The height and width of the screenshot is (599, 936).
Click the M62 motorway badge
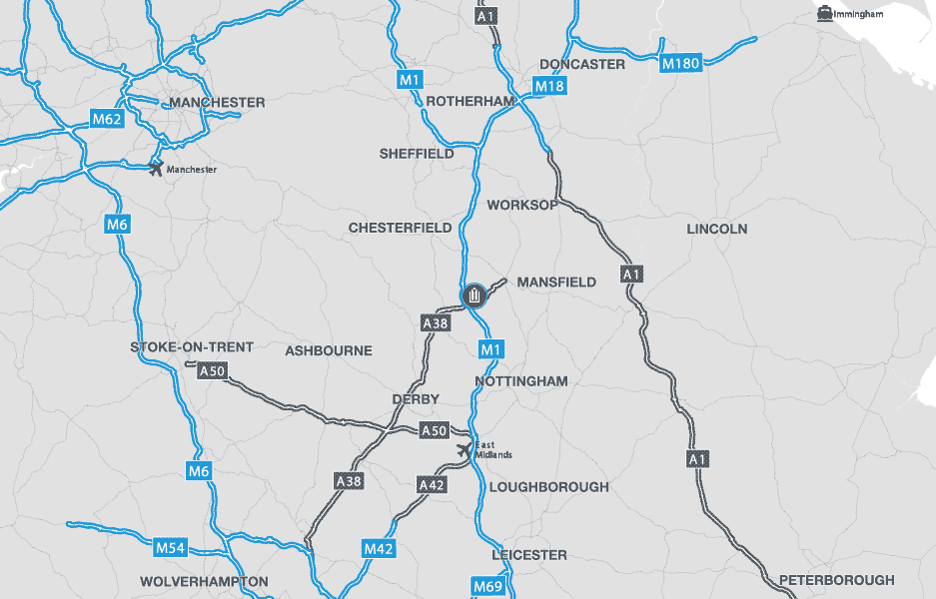107,120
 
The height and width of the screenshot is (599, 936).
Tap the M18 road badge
549,87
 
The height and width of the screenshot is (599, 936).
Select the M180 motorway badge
681,64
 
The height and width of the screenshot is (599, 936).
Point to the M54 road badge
171,547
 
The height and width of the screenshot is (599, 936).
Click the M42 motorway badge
379,548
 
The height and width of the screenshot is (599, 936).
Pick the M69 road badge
487,585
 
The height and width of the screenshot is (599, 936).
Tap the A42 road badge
432,485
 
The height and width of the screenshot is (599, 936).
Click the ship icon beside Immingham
825,13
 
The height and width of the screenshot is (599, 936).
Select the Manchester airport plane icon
155,168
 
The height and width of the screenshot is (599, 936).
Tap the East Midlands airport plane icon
464,450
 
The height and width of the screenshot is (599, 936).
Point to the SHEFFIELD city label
417,154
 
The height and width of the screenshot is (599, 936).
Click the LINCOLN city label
716,229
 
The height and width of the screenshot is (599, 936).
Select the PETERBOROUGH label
836,580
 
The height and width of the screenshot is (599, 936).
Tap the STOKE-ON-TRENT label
192,347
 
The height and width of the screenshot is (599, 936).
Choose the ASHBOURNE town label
328,351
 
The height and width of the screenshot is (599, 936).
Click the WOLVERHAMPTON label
204,581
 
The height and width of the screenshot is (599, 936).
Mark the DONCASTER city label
582,64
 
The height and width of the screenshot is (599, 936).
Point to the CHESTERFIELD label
400,228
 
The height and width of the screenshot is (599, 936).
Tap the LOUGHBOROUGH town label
548,487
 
